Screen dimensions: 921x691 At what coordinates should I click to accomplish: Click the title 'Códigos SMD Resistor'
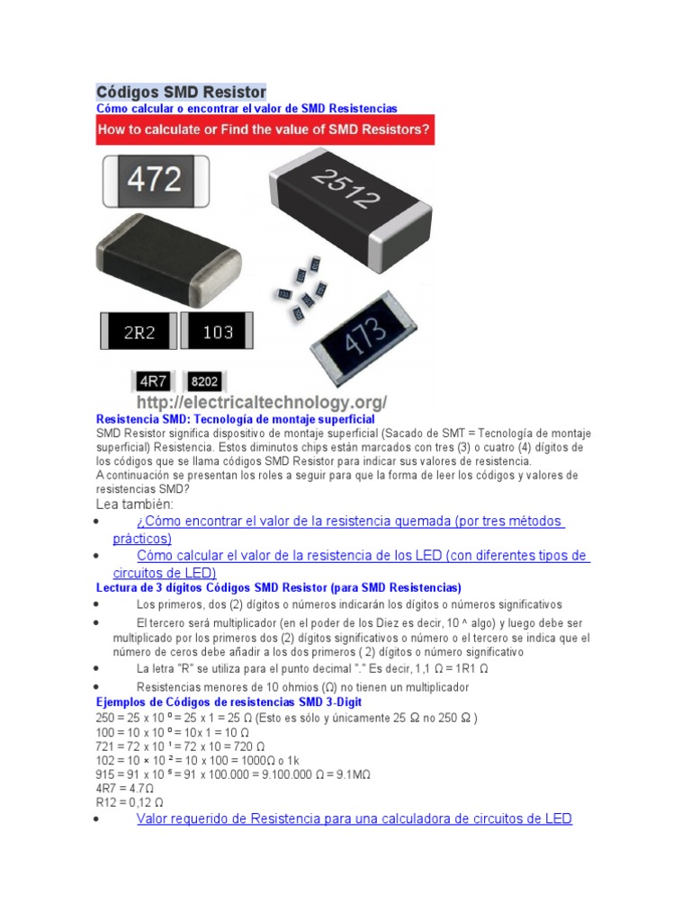[x=181, y=92]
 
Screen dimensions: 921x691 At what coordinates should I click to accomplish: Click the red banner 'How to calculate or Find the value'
[x=265, y=129]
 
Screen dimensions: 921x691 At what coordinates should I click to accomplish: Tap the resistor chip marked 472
[x=155, y=180]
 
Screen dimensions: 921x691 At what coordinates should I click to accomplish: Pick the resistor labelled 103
[x=218, y=332]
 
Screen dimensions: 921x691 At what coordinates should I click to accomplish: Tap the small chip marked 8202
[x=206, y=381]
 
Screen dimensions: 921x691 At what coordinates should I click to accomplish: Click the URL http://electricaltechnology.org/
[x=261, y=401]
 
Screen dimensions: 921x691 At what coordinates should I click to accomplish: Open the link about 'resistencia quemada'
[x=350, y=522]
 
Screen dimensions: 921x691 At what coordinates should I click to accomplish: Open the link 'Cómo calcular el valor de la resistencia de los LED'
[x=363, y=556]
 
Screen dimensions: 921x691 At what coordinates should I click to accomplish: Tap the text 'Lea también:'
[x=134, y=505]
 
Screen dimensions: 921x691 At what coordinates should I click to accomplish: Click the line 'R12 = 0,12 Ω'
[x=130, y=802]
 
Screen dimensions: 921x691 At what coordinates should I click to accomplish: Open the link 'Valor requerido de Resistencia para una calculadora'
[x=354, y=818]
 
